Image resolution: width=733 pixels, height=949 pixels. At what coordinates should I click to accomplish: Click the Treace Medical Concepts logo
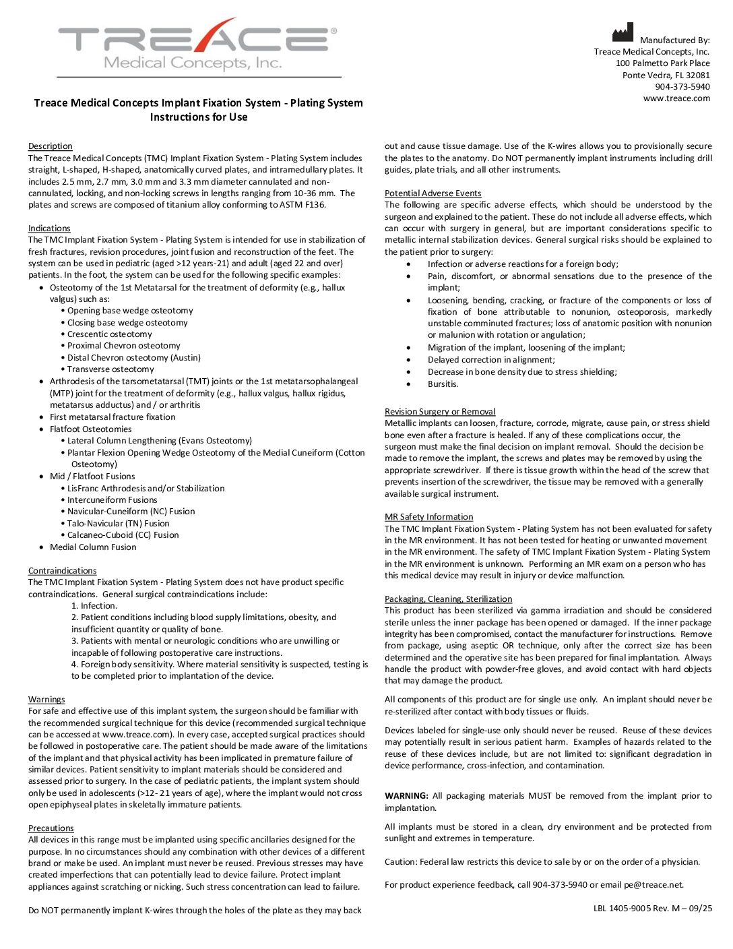[197, 44]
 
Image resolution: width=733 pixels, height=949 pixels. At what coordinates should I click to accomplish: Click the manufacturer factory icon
[623, 33]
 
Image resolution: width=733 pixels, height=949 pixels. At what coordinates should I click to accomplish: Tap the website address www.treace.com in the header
[676, 98]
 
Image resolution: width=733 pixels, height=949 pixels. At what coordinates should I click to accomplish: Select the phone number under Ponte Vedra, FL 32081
[682, 87]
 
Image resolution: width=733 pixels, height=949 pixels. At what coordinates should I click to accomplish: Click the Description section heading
[50, 146]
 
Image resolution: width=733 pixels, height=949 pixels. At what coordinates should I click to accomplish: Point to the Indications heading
[49, 228]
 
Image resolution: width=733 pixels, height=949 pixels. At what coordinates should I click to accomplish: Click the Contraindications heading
[62, 571]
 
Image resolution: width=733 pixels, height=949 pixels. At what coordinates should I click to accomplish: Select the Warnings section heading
[46, 700]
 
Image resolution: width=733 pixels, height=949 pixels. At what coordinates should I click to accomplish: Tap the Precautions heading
[51, 828]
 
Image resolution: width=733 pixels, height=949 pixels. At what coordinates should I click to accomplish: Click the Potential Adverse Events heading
[433, 193]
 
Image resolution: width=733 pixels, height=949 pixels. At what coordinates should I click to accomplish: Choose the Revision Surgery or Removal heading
[440, 412]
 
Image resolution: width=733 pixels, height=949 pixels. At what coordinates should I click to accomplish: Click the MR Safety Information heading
[428, 517]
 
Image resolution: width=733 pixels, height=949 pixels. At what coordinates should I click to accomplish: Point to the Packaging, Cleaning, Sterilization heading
[448, 599]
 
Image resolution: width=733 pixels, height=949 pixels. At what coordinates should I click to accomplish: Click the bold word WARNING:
[406, 796]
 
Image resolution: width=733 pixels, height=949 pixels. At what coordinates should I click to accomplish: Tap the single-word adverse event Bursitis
[443, 384]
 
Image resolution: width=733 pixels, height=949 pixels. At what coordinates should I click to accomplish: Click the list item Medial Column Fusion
[93, 547]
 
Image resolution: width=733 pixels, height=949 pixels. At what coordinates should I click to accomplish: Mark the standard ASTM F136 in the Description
[302, 205]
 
